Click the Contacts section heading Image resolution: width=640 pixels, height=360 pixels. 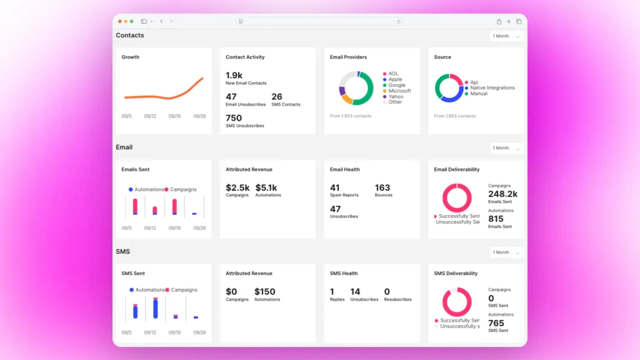coord(130,36)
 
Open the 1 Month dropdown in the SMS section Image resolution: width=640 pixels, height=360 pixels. coord(506,252)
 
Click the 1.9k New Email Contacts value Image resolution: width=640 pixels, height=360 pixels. coord(234,76)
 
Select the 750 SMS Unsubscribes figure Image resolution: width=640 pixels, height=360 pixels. coord(234,118)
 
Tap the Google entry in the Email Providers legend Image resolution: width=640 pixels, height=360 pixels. coord(396,85)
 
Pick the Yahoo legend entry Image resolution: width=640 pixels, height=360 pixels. coord(396,97)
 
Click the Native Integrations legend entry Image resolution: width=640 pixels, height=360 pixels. coord(492,88)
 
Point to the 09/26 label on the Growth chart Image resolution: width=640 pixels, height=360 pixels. coord(199,116)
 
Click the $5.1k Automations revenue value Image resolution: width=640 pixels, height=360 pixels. coord(266,187)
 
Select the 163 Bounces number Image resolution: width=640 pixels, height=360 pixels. coord(382,187)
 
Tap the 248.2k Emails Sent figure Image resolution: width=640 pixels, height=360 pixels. coord(502,194)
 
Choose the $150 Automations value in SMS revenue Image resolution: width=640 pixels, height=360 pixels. coord(265,292)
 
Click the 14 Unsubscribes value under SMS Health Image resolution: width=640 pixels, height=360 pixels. coord(355,292)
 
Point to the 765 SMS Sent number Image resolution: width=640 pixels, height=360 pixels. coord(496,323)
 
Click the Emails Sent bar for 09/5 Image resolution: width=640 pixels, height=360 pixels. coord(135,206)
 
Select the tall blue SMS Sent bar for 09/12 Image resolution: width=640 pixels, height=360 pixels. coord(156,307)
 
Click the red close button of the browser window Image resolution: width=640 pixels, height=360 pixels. coord(120,21)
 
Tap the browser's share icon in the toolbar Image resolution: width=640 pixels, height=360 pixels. coord(499,21)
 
